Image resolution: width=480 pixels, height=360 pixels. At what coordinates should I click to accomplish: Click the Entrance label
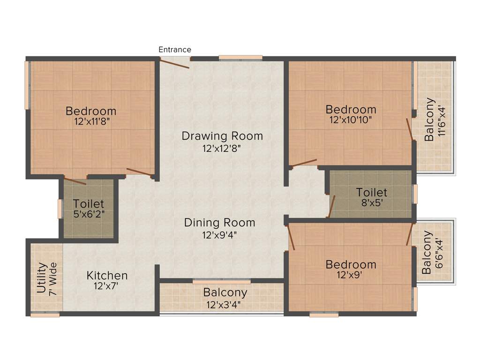coord(175,49)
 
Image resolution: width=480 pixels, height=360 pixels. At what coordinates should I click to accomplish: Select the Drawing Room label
coord(222,136)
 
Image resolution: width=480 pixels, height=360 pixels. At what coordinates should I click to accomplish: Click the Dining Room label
coord(219,223)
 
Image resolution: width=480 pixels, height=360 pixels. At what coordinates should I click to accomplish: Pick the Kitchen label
coord(107,275)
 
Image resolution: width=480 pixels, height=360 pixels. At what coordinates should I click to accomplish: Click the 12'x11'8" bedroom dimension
coord(91,121)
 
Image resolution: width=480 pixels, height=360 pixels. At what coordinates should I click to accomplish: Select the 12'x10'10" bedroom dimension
coord(351,120)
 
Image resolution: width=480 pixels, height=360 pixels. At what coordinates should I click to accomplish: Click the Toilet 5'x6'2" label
coord(89,209)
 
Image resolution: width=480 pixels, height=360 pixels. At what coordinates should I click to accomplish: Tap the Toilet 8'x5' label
coord(372,197)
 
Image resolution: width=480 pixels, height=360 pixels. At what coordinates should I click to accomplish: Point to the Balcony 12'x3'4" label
coord(225,298)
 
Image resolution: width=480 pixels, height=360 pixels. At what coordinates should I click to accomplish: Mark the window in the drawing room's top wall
coord(240,58)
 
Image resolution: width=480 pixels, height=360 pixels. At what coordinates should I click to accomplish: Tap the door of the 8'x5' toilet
coord(331,207)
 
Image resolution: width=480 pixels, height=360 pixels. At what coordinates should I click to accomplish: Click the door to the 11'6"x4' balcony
coord(409,129)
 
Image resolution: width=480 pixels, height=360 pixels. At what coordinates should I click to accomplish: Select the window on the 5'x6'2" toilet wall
coord(60,209)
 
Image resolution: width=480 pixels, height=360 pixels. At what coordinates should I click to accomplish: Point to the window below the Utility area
coord(45,315)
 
